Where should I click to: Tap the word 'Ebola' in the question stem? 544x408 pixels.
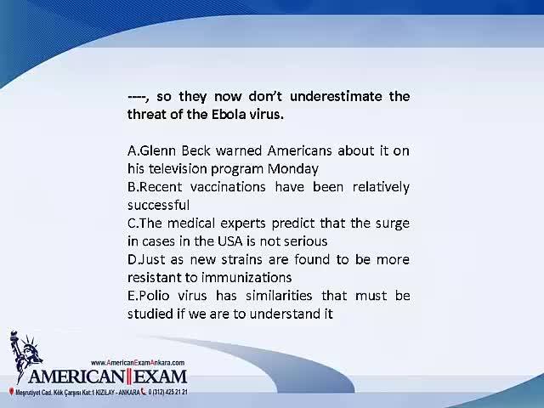pos(227,114)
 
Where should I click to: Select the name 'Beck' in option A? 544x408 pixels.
pos(196,150)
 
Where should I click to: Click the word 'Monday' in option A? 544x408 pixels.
pos(292,169)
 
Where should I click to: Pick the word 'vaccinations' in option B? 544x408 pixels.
pos(228,187)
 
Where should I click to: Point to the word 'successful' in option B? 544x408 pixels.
pos(159,205)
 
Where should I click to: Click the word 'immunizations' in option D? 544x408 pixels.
pos(246,278)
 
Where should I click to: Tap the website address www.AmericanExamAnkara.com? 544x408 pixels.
pos(138,363)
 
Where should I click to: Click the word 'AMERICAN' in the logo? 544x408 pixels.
pos(76,377)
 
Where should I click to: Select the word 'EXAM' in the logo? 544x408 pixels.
pos(161,377)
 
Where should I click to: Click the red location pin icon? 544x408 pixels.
pos(11,392)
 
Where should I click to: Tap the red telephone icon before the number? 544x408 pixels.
pos(144,392)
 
